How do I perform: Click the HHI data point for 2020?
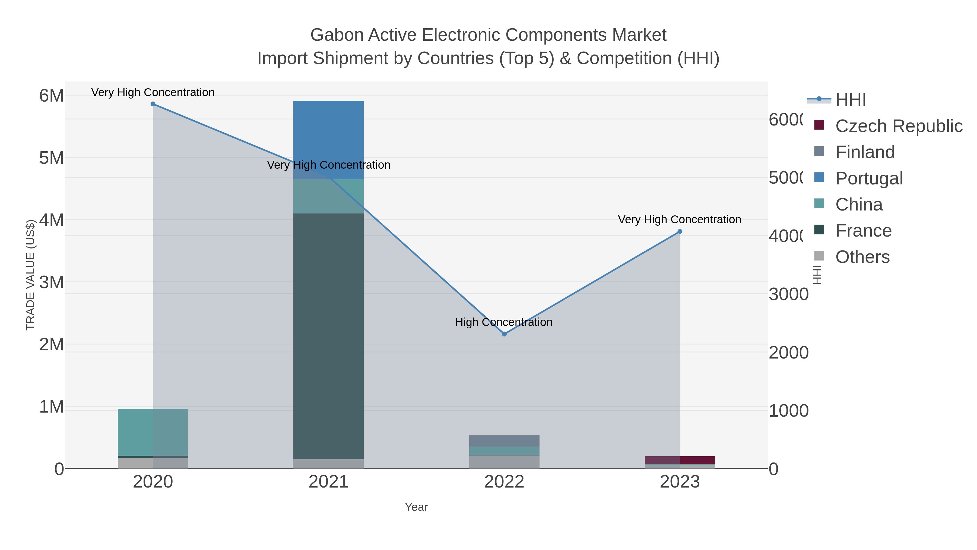153,104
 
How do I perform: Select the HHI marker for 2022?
504,334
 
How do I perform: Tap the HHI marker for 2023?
680,231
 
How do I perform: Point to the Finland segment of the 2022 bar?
504,441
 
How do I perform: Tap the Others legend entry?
862,257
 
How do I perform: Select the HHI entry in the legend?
851,100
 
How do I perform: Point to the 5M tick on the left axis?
52,158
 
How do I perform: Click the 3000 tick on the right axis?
788,294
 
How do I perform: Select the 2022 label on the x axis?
504,482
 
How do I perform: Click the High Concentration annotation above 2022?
504,322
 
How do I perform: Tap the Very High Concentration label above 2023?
679,219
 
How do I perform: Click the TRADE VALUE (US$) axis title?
30,275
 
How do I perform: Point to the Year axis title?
416,507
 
